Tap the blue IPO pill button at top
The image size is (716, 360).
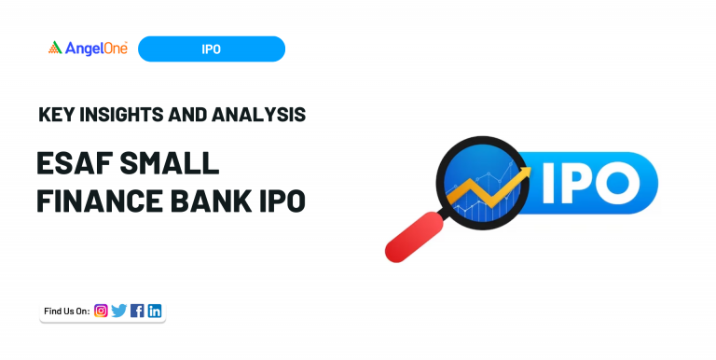(x=211, y=48)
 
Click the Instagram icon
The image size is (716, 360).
(x=101, y=311)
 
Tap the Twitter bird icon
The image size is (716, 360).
(x=118, y=311)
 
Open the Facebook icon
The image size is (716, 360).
(x=137, y=311)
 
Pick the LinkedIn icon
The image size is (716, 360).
(x=155, y=311)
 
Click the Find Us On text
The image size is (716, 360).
(x=66, y=312)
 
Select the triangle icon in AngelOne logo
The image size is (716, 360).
(x=55, y=48)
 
